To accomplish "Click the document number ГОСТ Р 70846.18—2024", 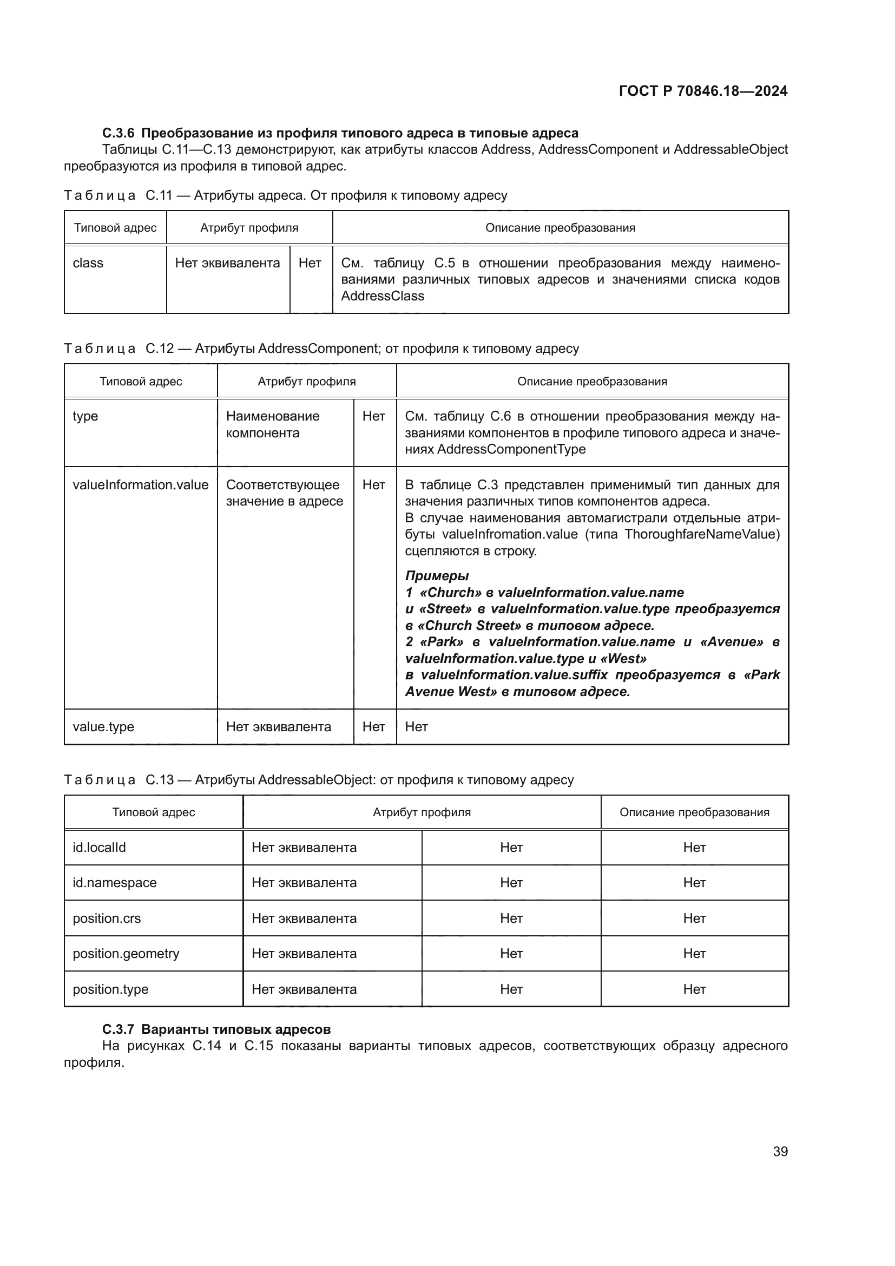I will point(703,91).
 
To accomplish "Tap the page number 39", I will point(780,1151).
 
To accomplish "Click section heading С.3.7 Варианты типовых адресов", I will point(216,1029).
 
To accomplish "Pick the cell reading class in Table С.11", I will point(88,263).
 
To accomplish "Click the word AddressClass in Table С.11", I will point(383,296).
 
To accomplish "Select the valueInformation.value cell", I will point(141,484).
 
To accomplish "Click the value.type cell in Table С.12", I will point(103,727).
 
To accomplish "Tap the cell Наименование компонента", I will point(273,424).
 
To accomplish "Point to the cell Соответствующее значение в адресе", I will point(285,493).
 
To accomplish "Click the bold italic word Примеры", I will point(437,576).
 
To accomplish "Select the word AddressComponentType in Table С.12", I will point(511,449).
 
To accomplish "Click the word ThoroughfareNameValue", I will point(702,534).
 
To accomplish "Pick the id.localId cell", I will point(99,848).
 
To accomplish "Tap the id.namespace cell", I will point(115,883).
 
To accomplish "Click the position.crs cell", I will point(107,918).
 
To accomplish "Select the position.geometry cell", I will point(126,953).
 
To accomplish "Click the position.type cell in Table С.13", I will point(111,989).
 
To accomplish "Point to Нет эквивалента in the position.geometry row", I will point(304,953).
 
